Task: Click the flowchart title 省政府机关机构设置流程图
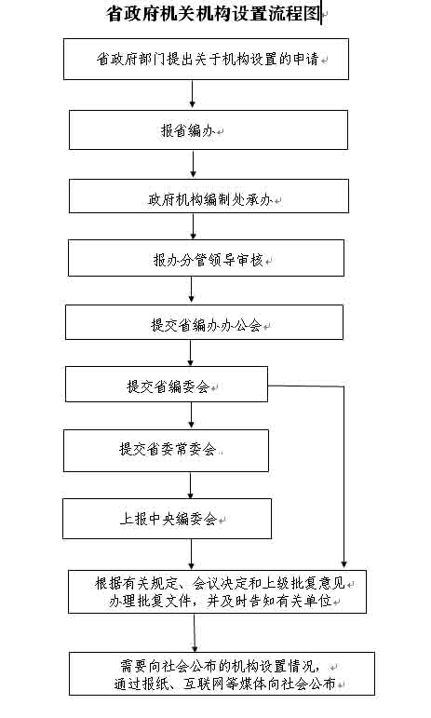point(214,14)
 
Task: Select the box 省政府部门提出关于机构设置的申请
point(206,59)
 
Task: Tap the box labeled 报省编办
point(209,130)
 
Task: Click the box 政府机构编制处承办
point(209,196)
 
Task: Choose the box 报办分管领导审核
point(206,258)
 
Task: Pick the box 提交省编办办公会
point(204,322)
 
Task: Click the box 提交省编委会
point(167,385)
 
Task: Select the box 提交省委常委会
point(166,451)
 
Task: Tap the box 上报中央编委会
point(167,519)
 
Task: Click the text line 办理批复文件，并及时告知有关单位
point(220,601)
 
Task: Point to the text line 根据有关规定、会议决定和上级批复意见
point(220,583)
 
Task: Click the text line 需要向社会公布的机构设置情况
point(221,665)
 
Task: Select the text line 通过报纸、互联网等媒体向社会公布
point(224,684)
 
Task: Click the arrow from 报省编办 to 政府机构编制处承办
point(193,164)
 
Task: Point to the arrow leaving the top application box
point(192,94)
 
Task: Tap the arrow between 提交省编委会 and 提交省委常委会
point(191,415)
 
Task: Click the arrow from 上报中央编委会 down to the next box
point(191,554)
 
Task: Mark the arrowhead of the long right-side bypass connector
point(344,564)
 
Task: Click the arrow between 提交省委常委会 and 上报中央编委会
point(190,485)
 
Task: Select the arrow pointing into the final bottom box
point(195,633)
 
